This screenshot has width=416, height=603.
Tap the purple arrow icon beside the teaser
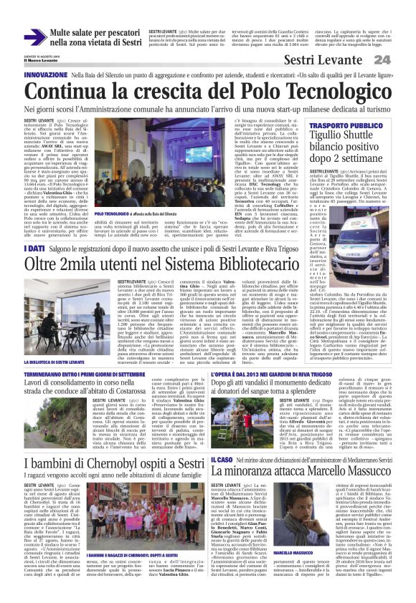tap(34, 37)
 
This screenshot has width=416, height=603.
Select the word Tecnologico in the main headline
tap(323, 91)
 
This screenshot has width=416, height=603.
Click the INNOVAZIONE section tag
tap(46, 74)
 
